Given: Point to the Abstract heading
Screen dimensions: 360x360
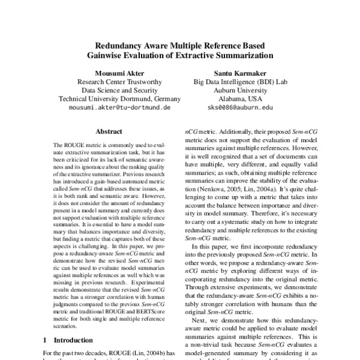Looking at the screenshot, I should tap(109, 131).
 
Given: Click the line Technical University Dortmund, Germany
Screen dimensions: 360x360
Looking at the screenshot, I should tap(119, 99).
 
